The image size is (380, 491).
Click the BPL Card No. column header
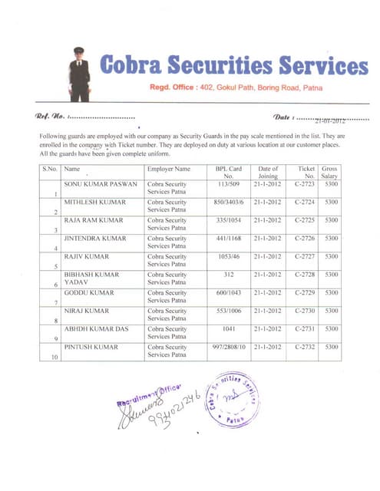230,172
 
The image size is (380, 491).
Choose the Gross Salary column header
331,172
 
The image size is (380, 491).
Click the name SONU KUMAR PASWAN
100,185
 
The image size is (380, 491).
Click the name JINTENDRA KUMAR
95,238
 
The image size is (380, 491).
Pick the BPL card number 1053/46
230,255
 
